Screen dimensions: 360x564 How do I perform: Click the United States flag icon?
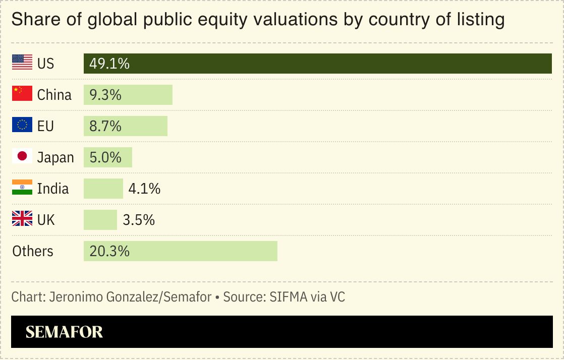tap(22, 63)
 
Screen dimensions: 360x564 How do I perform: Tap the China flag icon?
tap(22, 94)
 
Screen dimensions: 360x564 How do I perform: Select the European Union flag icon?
tap(22, 126)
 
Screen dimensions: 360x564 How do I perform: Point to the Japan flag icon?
tap(22, 157)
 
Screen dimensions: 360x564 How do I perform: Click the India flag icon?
tap(22, 188)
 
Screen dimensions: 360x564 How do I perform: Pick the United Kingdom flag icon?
tap(22, 219)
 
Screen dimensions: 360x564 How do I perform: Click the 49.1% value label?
tap(109, 64)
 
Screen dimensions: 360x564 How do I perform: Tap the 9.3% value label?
tap(105, 95)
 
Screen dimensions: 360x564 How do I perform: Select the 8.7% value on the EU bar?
tap(105, 126)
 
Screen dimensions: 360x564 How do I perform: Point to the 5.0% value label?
tap(105, 157)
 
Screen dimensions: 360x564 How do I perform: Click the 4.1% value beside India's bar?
tap(144, 189)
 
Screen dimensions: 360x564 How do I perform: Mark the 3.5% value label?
tap(139, 220)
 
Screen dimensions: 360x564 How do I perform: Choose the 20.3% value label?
tap(109, 251)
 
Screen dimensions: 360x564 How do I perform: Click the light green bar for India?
tap(103, 189)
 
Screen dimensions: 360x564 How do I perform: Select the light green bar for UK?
tap(100, 220)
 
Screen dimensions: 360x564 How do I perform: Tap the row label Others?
tap(33, 251)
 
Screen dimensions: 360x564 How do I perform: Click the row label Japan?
tap(55, 157)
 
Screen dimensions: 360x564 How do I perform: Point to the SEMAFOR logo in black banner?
tap(64, 332)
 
